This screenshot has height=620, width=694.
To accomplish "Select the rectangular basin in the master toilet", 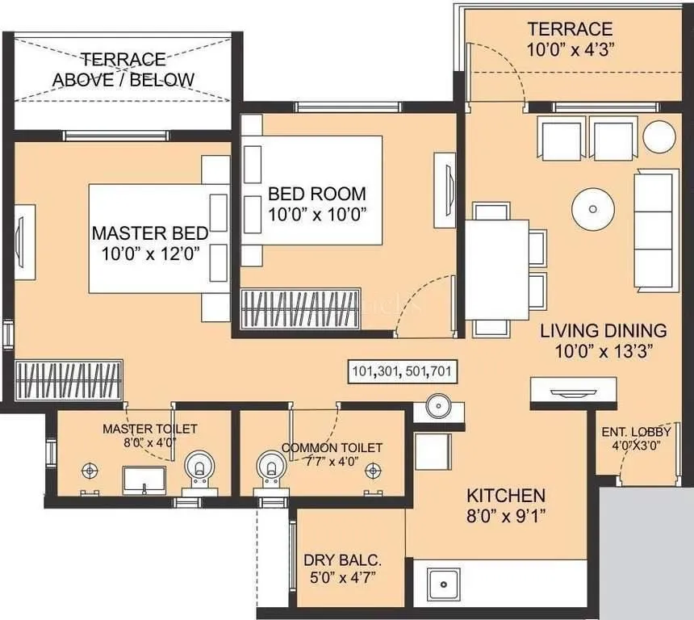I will pyautogui.click(x=144, y=480).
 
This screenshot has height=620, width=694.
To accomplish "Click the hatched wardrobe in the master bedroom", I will pyautogui.click(x=68, y=379).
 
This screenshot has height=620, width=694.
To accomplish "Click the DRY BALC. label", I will pyautogui.click(x=342, y=559).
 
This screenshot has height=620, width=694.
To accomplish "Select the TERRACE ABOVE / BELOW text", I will pyautogui.click(x=123, y=69).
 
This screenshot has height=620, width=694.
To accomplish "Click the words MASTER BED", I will pyautogui.click(x=150, y=233).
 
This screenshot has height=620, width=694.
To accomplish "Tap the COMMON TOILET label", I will pyautogui.click(x=332, y=447).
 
